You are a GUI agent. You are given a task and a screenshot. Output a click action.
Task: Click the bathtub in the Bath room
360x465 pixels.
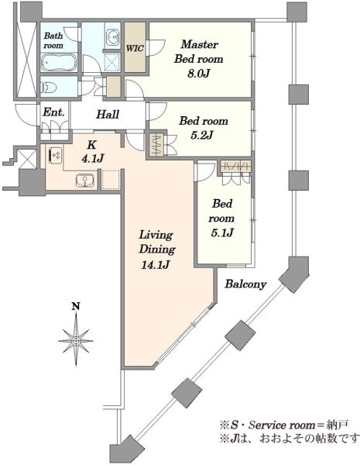click(x=59, y=62)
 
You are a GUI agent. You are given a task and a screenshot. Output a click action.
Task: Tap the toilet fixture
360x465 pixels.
click(x=49, y=87)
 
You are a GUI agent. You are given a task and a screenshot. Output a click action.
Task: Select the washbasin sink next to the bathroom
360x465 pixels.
click(x=112, y=38)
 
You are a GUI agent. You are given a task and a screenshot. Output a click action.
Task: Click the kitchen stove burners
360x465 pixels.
click(x=55, y=155)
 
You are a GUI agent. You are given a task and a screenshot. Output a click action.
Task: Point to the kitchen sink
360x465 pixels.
click(x=85, y=181)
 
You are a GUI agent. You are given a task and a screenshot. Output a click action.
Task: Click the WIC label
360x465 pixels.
click(x=135, y=48)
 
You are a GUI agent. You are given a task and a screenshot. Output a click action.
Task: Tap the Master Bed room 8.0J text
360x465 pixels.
click(x=198, y=59)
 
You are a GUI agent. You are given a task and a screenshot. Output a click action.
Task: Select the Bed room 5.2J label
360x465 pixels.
click(x=204, y=128)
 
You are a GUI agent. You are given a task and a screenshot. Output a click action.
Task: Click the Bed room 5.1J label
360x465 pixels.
click(x=222, y=218)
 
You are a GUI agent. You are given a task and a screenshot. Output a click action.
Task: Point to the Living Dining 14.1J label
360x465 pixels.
click(x=156, y=250)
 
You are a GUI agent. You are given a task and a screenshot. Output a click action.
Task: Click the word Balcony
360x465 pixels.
click(x=245, y=284)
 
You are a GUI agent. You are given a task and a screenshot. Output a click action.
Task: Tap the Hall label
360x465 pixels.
click(x=108, y=114)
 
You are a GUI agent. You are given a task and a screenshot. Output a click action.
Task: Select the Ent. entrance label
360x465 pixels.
click(x=53, y=112)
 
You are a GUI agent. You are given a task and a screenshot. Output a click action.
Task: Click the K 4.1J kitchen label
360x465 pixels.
click(x=91, y=152)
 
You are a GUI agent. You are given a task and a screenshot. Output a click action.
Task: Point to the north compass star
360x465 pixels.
click(x=76, y=340)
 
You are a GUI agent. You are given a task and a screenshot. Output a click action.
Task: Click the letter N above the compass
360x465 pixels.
click(x=77, y=306)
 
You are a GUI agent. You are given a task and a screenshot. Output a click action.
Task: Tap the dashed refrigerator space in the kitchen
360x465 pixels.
click(x=111, y=179)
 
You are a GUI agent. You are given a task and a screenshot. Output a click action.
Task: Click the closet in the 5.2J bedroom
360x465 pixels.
click(x=156, y=145)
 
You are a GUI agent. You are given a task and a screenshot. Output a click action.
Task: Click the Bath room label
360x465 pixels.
click(x=53, y=40)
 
